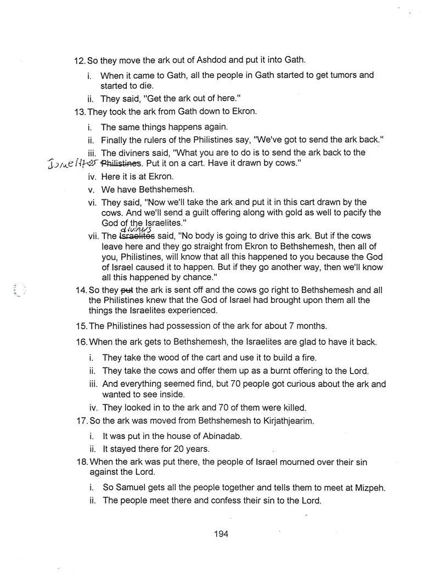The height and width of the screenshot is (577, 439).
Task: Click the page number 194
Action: [x=221, y=534]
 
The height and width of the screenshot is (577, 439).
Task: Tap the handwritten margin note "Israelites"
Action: [x=73, y=163]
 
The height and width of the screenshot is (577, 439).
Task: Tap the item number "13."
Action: [x=80, y=112]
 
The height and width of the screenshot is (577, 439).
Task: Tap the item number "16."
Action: [x=80, y=342]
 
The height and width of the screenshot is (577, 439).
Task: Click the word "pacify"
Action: [x=341, y=212]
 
